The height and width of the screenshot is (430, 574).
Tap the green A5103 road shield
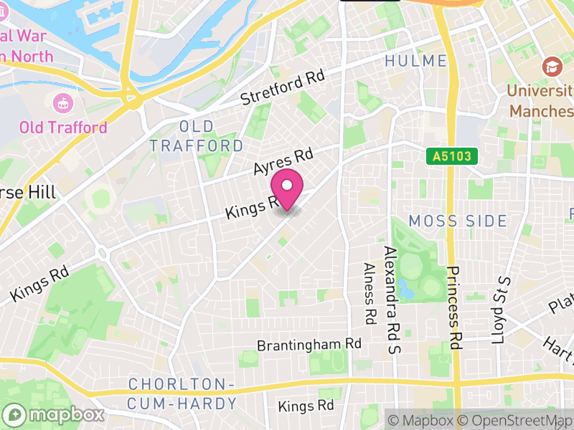click(x=451, y=156)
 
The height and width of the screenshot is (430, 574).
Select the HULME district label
click(x=415, y=62)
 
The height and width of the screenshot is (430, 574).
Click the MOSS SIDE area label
click(x=458, y=221)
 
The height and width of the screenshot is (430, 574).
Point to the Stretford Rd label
click(x=283, y=87)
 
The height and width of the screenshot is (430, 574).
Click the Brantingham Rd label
click(x=309, y=345)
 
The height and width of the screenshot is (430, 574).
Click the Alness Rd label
click(x=370, y=294)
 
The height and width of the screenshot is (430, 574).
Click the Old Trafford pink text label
click(x=63, y=128)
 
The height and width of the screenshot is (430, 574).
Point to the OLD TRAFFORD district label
click(x=197, y=136)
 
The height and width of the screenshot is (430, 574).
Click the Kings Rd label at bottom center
click(x=306, y=406)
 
